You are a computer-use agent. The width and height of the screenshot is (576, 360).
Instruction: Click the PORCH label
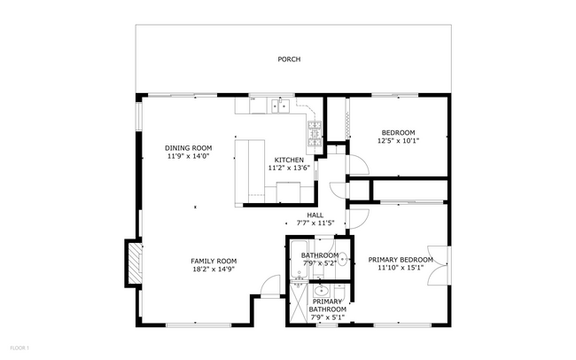click(x=288, y=59)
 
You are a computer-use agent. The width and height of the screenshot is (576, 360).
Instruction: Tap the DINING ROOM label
click(x=189, y=147)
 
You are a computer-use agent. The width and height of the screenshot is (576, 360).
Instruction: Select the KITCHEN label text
click(x=288, y=160)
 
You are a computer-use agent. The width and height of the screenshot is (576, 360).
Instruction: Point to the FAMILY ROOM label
click(x=214, y=261)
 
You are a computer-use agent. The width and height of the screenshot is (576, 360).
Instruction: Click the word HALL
click(x=315, y=215)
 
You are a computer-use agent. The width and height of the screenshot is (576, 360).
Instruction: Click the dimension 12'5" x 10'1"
click(x=398, y=140)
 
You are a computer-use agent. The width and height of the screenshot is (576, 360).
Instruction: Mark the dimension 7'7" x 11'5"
click(x=315, y=223)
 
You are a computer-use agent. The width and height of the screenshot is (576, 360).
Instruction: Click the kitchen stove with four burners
click(x=315, y=134)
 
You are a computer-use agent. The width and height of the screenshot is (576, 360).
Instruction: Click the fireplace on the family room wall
click(x=134, y=263)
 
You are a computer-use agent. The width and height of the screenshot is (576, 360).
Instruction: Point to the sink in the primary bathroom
click(x=321, y=290)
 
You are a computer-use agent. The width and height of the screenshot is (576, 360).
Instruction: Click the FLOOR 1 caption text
click(x=19, y=347)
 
